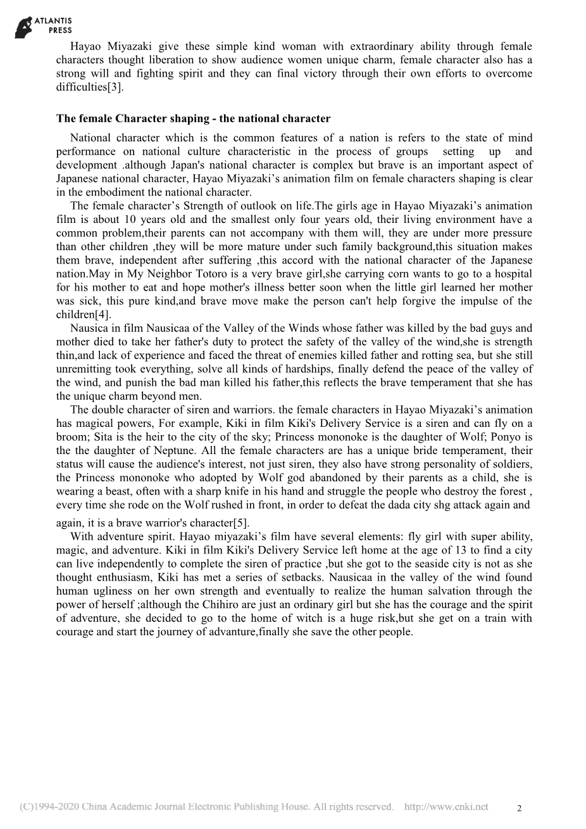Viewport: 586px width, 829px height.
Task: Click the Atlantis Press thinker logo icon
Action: tap(23, 27)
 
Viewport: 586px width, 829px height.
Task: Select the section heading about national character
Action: tap(193, 118)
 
